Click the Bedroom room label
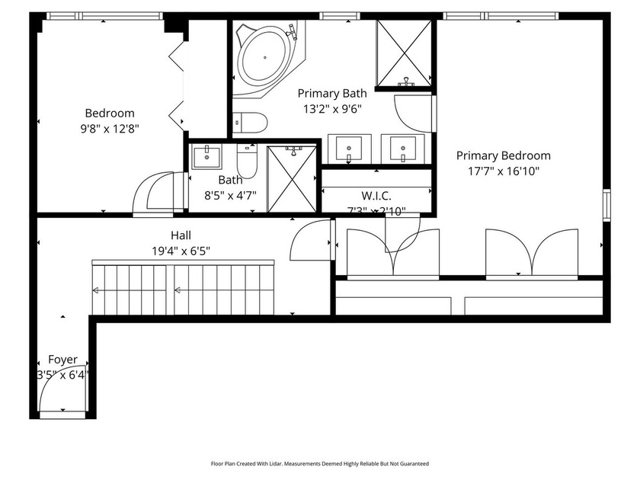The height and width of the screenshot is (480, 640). (x=109, y=114)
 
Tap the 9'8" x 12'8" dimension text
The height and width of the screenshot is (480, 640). (x=109, y=129)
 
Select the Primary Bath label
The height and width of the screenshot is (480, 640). (x=331, y=93)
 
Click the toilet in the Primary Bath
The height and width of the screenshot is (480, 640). (x=250, y=122)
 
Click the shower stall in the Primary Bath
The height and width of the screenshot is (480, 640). (x=405, y=53)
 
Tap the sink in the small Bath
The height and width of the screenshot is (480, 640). (x=206, y=157)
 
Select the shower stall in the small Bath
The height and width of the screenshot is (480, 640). (x=291, y=179)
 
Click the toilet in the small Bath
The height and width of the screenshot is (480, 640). (x=247, y=159)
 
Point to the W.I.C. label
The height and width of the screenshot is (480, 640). (x=376, y=196)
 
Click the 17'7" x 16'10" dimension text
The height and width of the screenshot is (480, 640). (x=503, y=171)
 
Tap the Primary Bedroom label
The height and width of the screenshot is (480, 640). (x=503, y=155)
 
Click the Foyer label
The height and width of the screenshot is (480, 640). (x=62, y=359)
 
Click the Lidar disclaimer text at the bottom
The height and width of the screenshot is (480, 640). (x=319, y=463)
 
